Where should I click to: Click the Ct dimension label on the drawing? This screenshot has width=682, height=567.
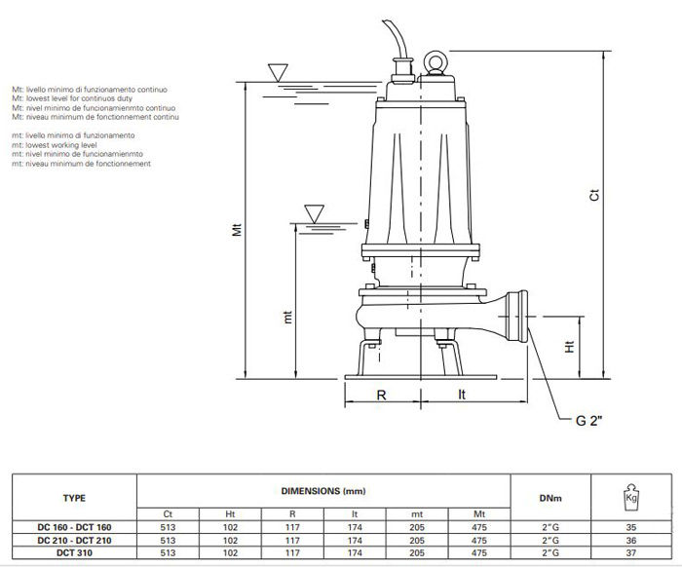(x=594, y=195)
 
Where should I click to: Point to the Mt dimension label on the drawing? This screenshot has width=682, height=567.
(x=237, y=229)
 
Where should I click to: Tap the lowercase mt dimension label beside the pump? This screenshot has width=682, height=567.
(x=287, y=318)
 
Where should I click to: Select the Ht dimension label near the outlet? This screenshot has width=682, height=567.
(x=569, y=347)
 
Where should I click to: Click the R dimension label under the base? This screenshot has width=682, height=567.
(x=381, y=396)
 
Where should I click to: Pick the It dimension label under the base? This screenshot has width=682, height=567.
(x=462, y=395)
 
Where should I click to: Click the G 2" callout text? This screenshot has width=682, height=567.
(x=589, y=421)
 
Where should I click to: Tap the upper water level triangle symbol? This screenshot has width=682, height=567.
(x=278, y=72)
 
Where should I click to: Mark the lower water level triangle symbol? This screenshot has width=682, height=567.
(x=314, y=214)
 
